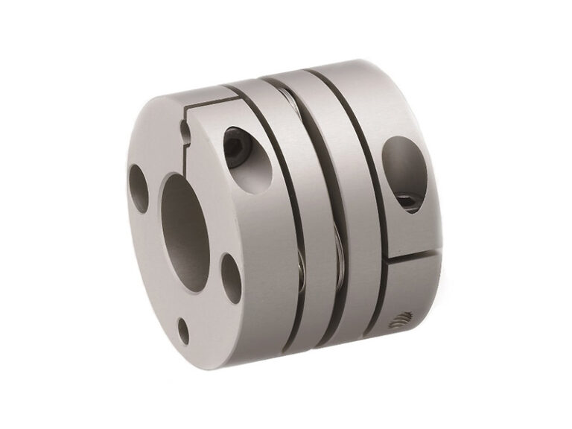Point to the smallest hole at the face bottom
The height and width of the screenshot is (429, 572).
coord(182,328)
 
